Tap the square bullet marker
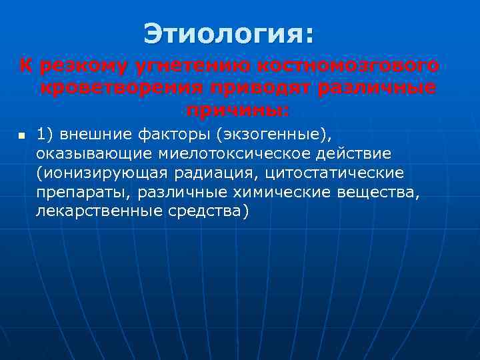(x=21, y=136)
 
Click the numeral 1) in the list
(x=45, y=135)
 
